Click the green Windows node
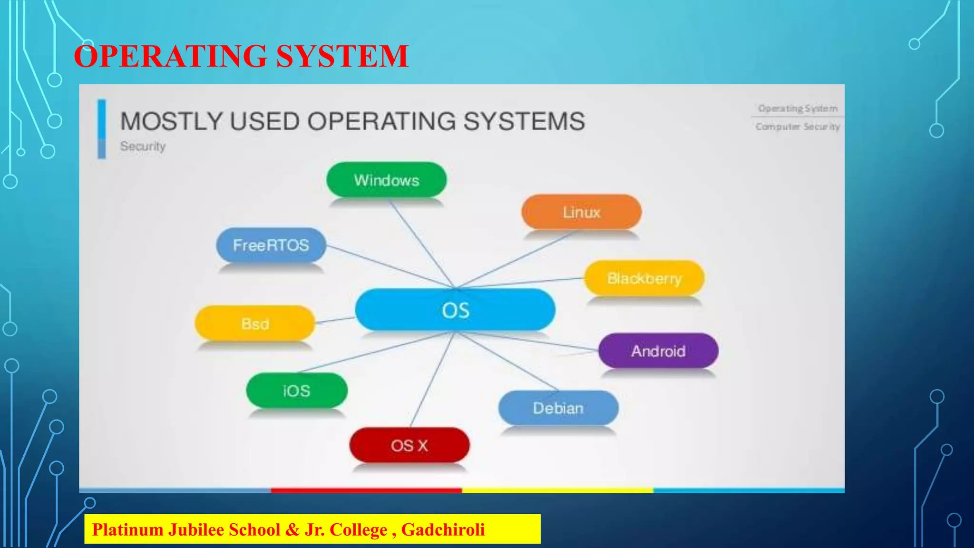click(386, 180)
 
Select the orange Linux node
click(581, 212)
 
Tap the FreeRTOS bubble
click(271, 245)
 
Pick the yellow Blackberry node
click(644, 278)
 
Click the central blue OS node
click(455, 310)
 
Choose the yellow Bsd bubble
click(255, 323)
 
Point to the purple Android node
click(658, 351)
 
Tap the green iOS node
click(296, 391)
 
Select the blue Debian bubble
click(558, 408)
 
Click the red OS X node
click(409, 446)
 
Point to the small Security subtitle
click(143, 146)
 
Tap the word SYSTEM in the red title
click(341, 56)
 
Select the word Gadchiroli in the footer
click(443, 529)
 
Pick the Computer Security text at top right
click(798, 127)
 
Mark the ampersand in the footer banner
click(292, 529)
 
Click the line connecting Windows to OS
click(421, 243)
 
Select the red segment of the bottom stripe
click(366, 490)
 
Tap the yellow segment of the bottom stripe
click(557, 490)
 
